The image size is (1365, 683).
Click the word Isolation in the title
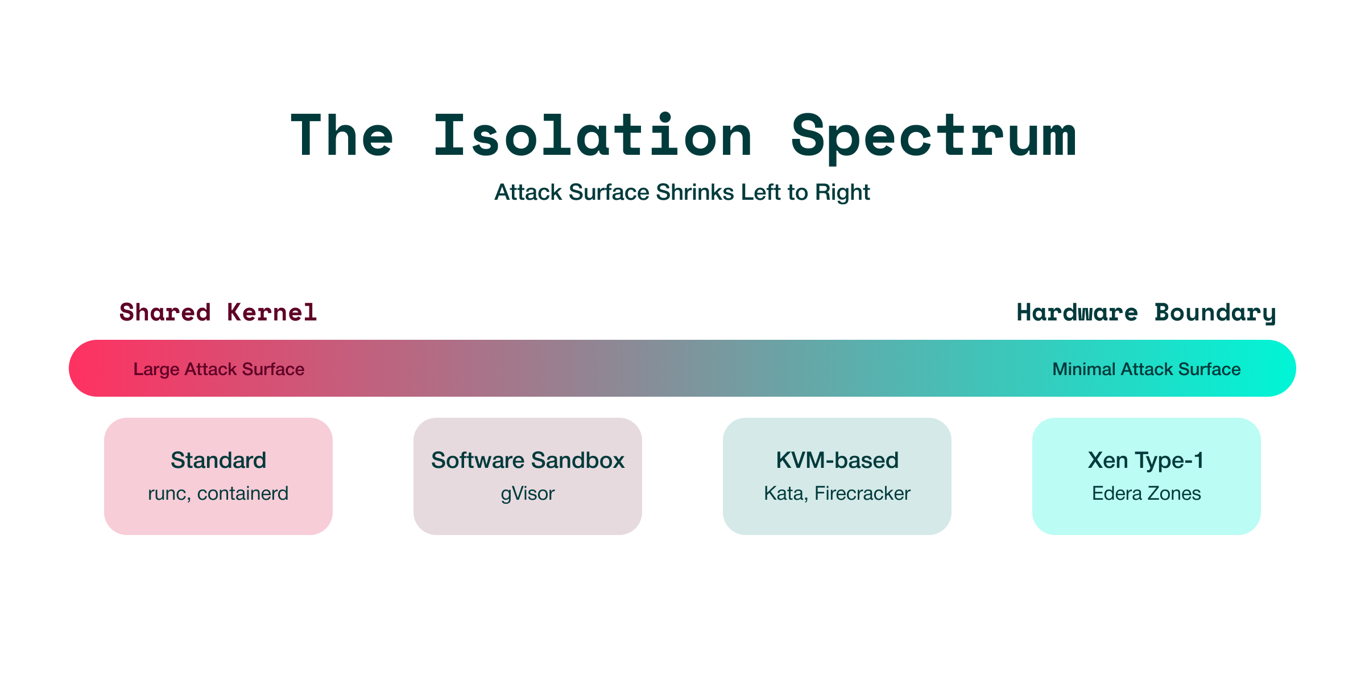593,137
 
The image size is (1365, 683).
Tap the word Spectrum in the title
933,137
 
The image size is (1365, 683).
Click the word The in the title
342,137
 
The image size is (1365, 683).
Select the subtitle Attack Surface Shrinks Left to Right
682,192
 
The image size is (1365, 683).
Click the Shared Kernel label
218,312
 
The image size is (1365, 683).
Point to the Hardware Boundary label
1146,312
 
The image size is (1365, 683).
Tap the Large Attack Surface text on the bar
218,369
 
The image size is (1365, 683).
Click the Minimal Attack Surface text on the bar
1146,369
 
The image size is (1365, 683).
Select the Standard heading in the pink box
218,460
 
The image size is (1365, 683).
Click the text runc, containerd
218,493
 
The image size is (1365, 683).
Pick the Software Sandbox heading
528,460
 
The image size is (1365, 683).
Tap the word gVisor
528,493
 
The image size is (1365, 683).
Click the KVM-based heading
837,460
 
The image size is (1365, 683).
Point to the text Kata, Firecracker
837,493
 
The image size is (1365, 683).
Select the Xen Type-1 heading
1146,460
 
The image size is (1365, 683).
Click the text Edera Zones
1146,493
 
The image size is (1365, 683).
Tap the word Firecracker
862,493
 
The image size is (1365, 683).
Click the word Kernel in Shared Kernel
272,312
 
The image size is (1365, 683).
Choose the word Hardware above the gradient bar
1077,312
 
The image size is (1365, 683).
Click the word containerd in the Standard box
243,493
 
